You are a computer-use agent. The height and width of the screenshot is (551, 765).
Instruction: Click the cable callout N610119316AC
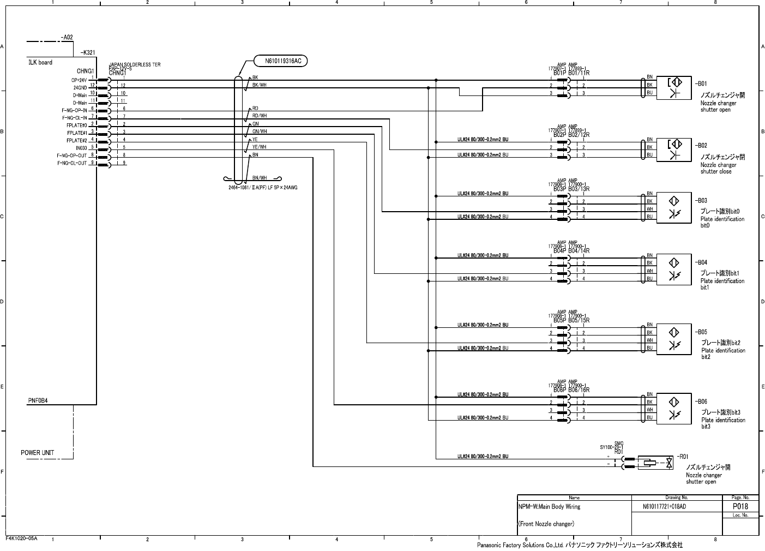click(x=282, y=61)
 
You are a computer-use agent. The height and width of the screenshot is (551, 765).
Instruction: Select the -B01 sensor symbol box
click(x=674, y=88)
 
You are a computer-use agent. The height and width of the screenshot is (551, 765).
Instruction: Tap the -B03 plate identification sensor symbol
click(x=674, y=208)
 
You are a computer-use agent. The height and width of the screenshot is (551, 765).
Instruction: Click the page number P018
click(x=740, y=506)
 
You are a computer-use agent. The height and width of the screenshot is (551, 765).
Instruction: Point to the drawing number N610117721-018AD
click(x=664, y=507)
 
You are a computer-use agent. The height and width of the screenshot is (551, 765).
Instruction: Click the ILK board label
click(x=40, y=63)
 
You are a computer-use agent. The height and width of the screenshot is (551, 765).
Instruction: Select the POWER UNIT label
click(x=38, y=453)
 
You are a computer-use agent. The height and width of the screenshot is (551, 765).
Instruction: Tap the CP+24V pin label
click(x=79, y=80)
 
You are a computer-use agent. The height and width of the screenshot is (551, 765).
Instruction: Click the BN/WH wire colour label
click(x=259, y=178)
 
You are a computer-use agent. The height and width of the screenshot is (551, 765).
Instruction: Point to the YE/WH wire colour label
click(x=259, y=147)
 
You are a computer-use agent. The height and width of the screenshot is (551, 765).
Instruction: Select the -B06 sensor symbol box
click(x=674, y=408)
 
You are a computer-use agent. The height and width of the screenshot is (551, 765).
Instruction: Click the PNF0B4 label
click(x=38, y=401)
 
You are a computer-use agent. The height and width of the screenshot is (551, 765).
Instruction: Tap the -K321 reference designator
click(x=88, y=52)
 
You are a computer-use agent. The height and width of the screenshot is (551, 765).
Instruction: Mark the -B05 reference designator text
click(x=701, y=332)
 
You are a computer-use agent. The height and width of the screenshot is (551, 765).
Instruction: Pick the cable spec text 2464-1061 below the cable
click(x=263, y=188)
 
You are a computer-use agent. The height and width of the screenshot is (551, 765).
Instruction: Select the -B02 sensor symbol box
click(x=674, y=150)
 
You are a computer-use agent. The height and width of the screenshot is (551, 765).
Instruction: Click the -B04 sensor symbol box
click(x=674, y=269)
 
